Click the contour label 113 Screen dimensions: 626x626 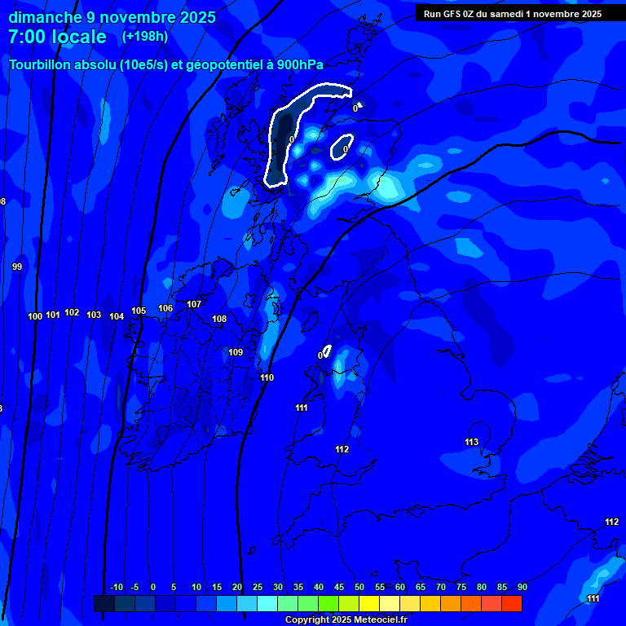(472, 442)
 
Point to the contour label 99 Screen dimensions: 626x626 (17, 267)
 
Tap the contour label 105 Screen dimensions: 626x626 (139, 311)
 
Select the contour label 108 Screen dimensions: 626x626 (219, 319)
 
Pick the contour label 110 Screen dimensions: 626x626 (267, 377)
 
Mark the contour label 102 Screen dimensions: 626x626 (72, 312)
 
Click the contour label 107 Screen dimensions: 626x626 (194, 304)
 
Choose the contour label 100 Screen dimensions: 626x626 (35, 316)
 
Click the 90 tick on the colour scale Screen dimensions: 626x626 (522, 587)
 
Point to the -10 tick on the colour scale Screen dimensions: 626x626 (116, 587)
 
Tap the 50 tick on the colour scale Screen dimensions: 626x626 (359, 587)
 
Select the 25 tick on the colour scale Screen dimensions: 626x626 (258, 587)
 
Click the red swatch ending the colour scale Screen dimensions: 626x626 (512, 603)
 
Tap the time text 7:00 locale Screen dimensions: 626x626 (57, 37)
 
